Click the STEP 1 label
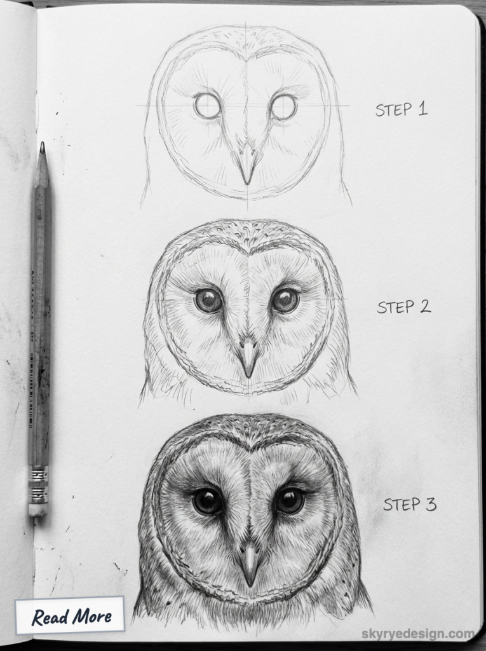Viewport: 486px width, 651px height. (401, 109)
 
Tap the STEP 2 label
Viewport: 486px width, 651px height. (403, 306)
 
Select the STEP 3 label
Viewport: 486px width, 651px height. (409, 504)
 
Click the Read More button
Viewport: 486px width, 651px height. (71, 615)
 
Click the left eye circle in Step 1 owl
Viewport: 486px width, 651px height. (207, 106)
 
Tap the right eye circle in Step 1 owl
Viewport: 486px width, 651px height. (283, 106)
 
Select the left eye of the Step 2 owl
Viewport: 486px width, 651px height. (208, 300)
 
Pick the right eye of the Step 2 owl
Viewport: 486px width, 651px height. (285, 300)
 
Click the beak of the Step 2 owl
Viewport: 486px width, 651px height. (248, 358)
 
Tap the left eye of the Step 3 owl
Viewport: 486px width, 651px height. (207, 501)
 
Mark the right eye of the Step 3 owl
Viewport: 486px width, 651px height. (289, 500)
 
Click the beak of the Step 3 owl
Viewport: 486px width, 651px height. (249, 562)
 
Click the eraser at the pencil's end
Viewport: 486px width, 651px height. (37, 509)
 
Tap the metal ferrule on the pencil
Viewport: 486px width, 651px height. (38, 484)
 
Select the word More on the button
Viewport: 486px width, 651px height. (91, 615)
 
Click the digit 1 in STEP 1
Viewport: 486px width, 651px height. (422, 109)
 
